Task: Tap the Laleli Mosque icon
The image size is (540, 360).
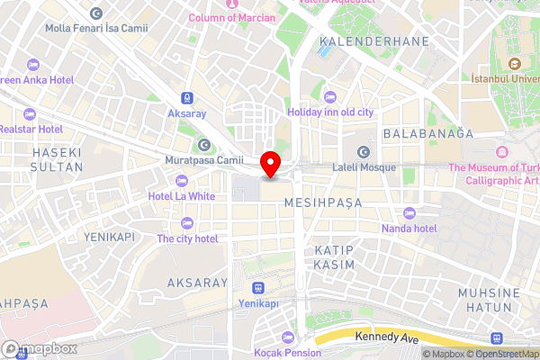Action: coord(364,151)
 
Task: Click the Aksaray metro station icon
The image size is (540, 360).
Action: coord(185,97)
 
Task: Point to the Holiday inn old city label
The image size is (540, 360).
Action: coord(329,112)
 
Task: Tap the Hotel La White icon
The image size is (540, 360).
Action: coord(182,180)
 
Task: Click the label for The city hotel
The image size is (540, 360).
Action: coord(187,238)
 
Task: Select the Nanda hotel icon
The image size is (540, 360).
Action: coord(410,213)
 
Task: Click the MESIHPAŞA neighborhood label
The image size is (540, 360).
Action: coord(323,203)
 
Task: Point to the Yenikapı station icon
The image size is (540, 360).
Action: coord(258,288)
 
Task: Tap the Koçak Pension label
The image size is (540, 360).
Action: coord(287,353)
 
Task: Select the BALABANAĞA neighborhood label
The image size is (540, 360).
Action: coord(427,133)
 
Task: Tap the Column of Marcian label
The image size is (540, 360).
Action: coord(233,18)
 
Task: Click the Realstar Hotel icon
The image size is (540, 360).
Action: coord(30,114)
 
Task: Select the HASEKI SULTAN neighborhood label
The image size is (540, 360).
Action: coord(57,160)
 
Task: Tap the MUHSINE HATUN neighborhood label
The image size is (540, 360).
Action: coord(489,300)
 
